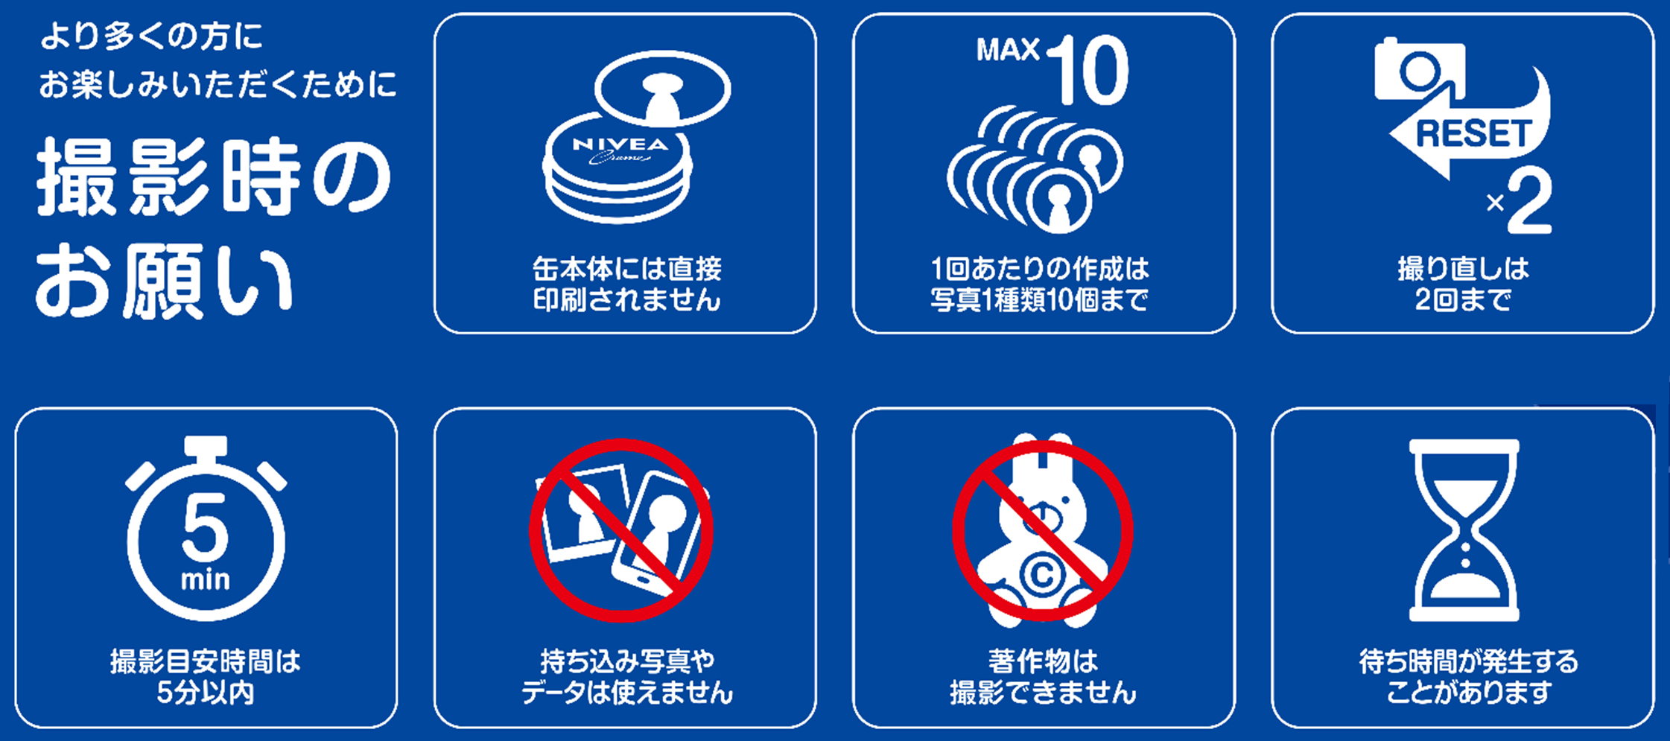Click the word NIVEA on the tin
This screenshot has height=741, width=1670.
[x=620, y=144]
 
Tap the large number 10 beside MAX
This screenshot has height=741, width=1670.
[x=1089, y=71]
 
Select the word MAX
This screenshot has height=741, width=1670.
[x=1008, y=50]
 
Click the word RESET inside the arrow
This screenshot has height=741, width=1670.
[x=1473, y=135]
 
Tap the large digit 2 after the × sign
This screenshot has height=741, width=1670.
[x=1529, y=202]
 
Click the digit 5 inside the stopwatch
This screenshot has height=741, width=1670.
[x=205, y=528]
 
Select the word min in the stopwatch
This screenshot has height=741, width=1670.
[x=206, y=579]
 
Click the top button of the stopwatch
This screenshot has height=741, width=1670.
[x=206, y=445]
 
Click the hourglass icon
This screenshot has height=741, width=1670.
[x=1464, y=529]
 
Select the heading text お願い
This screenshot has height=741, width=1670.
[x=164, y=282]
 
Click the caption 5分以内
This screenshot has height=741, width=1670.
[x=206, y=693]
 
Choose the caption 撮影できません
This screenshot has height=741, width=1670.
[x=1043, y=693]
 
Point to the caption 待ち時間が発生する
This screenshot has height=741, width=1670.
[x=1468, y=661]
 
